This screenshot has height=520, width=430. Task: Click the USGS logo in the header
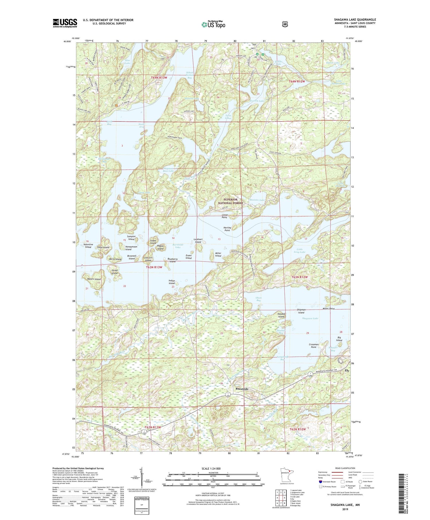[x=65, y=23]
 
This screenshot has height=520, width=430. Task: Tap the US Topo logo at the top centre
[x=213, y=24]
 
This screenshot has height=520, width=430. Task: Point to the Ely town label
[x=347, y=371]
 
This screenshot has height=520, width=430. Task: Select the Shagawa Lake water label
[x=310, y=318]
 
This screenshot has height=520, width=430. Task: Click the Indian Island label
[x=172, y=282]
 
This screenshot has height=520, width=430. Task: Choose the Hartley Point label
[x=227, y=229]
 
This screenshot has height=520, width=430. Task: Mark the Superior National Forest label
[x=230, y=201]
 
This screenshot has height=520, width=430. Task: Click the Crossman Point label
[x=314, y=346]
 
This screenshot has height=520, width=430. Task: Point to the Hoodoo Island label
[x=282, y=315]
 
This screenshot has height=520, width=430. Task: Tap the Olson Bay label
[x=259, y=299]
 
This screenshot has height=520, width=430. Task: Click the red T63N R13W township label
[x=154, y=267]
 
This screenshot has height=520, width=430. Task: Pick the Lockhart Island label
[x=198, y=240]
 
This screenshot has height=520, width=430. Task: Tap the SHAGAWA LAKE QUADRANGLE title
[x=355, y=20]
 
